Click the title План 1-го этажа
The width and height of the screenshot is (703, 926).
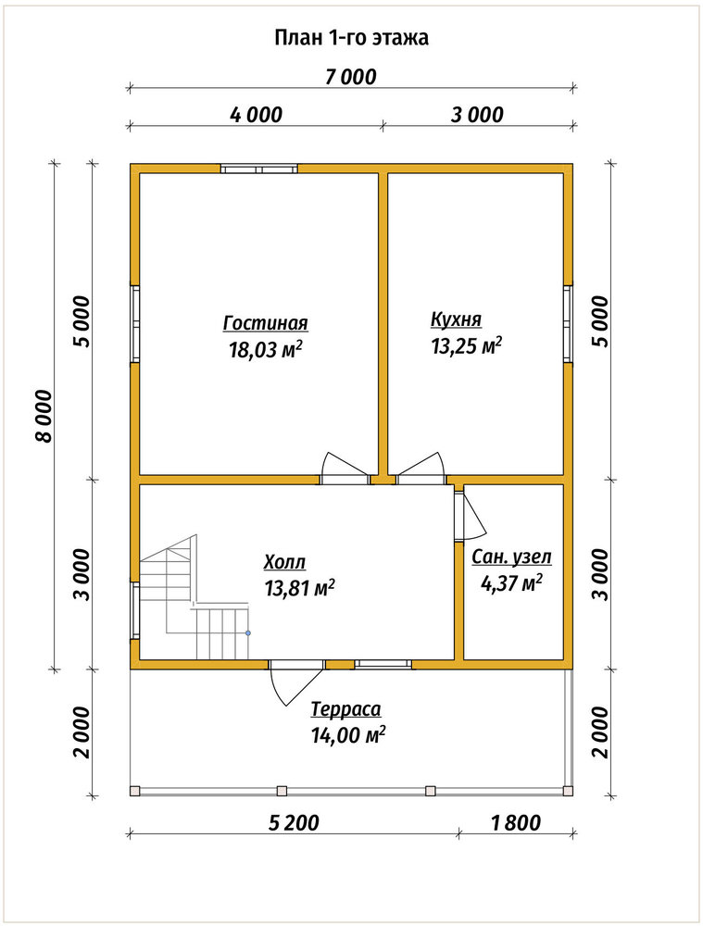pos(352,38)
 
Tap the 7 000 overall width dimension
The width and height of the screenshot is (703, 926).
pos(350,77)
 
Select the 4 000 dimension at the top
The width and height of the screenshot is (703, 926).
pos(256,114)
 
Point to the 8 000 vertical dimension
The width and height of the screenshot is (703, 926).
pos(44,415)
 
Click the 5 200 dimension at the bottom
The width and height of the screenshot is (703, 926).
pos(294,822)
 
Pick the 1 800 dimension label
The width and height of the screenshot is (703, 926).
pos(516,822)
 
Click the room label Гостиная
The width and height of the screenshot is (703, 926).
pos(265,323)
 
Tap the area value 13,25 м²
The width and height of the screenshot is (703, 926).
pos(467,345)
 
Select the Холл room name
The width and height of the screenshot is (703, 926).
pos(284,562)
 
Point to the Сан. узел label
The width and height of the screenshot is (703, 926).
pos(511,557)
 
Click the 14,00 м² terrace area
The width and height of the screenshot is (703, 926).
pos(348,734)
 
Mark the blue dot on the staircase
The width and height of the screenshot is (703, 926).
pos(248,633)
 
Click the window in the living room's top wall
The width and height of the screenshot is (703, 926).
pos(259,169)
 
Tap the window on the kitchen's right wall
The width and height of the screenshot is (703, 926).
pos(568,323)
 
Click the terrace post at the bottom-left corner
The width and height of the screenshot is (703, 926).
pos(135,791)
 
